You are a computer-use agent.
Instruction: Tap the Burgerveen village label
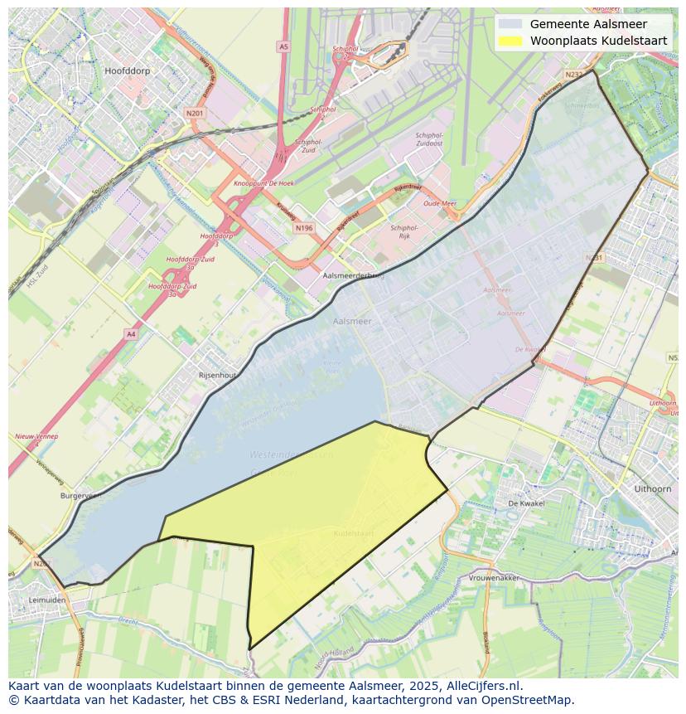[x=80, y=495]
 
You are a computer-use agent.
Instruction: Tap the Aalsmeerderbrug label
[x=354, y=274]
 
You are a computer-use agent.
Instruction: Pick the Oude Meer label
[x=440, y=203]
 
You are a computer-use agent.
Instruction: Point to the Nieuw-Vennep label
[x=36, y=436]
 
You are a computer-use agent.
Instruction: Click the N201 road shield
[x=195, y=113]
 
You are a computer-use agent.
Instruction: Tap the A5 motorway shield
[x=284, y=47]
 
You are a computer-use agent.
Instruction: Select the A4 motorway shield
[x=131, y=333]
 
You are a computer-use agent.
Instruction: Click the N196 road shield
[x=304, y=228]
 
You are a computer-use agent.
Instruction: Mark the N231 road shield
[x=594, y=258]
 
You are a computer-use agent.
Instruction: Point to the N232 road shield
[x=573, y=75]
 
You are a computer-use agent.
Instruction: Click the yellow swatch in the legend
[x=510, y=41]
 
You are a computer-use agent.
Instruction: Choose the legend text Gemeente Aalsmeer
[x=588, y=24]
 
